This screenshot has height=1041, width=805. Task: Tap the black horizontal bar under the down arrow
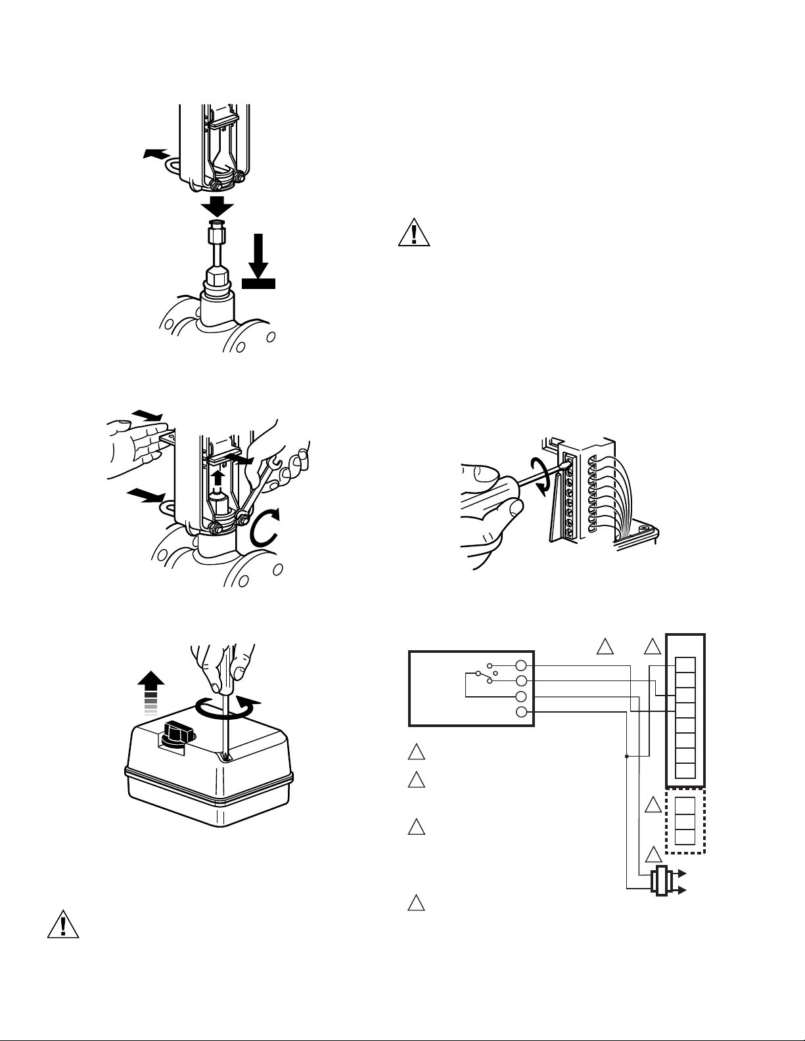(x=258, y=283)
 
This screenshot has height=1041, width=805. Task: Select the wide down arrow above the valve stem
(x=217, y=207)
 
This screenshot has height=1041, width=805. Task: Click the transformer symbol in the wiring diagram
(x=660, y=881)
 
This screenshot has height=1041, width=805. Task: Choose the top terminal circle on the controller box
(x=522, y=665)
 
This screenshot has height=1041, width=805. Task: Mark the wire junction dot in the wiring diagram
(x=626, y=756)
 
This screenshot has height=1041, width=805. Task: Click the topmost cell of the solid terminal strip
(x=685, y=664)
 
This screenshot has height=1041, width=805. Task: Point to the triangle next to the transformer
(x=653, y=854)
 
